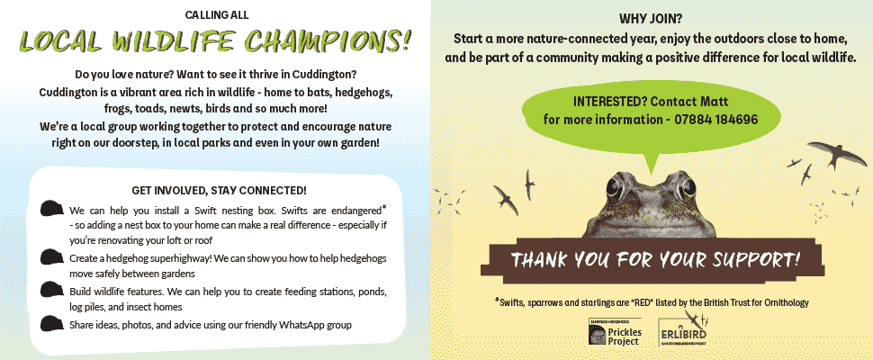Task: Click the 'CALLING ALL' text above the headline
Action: click(x=217, y=15)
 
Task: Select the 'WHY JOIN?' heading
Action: click(x=651, y=19)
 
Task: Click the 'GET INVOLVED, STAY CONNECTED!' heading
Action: click(x=219, y=190)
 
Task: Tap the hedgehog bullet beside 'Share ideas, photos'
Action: click(x=52, y=323)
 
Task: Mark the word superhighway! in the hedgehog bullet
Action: click(x=169, y=257)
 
